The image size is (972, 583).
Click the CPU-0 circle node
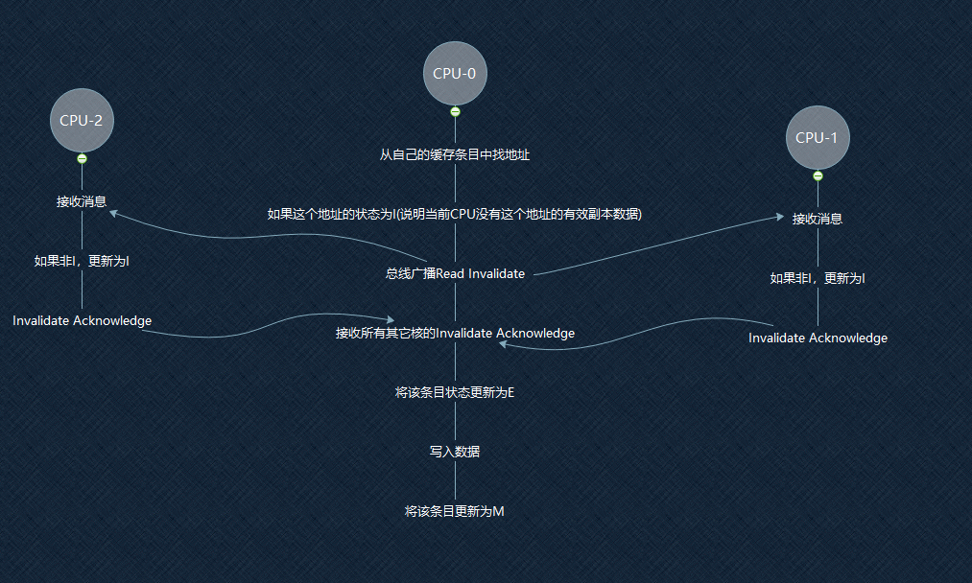(x=455, y=73)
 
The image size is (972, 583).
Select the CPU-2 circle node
(x=82, y=120)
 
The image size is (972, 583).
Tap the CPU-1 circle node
(x=817, y=137)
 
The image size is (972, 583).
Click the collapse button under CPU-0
(x=455, y=111)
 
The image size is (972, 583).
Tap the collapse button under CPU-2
(x=82, y=158)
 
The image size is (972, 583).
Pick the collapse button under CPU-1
(x=818, y=175)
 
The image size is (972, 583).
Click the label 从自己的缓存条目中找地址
(x=455, y=154)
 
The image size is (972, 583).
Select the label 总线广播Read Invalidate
(x=455, y=273)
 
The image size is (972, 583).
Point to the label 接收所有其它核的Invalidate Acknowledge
(x=455, y=333)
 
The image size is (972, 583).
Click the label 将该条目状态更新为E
(x=455, y=392)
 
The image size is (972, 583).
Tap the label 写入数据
(x=455, y=452)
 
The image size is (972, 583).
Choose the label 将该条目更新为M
(x=455, y=511)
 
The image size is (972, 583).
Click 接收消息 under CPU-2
(x=82, y=201)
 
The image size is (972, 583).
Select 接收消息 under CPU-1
(x=818, y=219)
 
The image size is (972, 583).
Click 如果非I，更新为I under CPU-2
(x=82, y=261)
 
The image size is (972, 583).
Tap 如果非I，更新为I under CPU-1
(x=818, y=278)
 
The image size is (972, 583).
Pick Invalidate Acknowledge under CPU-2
(x=82, y=320)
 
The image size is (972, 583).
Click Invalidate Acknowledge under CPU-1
(x=818, y=338)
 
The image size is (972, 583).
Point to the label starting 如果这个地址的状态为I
(x=455, y=214)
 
